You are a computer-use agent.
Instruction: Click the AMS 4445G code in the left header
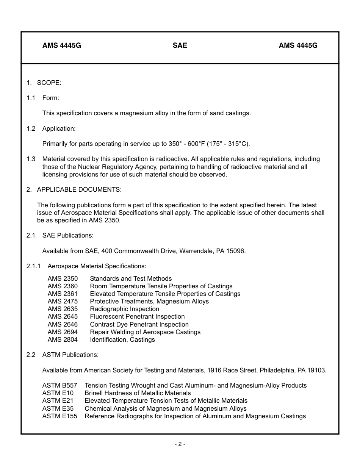coord(61,45)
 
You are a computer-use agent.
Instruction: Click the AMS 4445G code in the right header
coord(298,45)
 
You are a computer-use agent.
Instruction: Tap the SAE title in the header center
coord(180,45)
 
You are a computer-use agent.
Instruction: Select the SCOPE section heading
coord(49,83)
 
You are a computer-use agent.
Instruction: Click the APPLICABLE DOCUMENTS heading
coord(79,189)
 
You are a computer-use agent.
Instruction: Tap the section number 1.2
coord(31,128)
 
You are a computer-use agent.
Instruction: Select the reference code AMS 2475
coord(63,302)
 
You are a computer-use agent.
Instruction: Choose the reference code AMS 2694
coord(63,332)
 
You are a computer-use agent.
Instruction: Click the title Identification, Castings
coord(122,340)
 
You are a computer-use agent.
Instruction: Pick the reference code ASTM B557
coord(59,386)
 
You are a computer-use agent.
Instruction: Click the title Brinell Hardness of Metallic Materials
coord(138,393)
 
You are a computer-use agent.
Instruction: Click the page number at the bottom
coord(180,444)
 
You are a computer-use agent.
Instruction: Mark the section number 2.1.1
coord(34,266)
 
